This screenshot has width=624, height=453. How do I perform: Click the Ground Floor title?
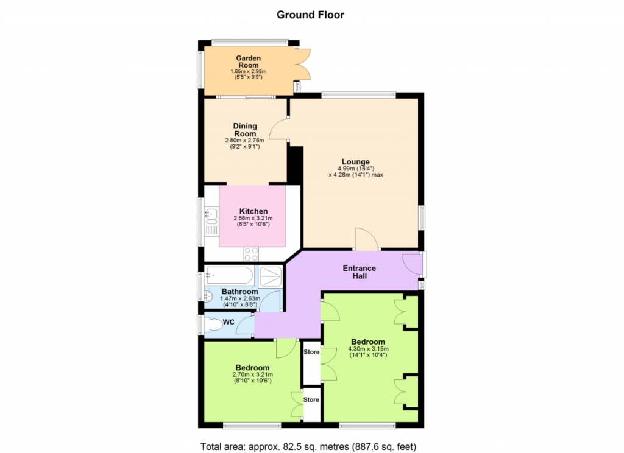(x=310, y=15)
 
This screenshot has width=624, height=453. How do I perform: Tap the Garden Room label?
(x=249, y=61)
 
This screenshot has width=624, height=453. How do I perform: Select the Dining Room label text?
(x=245, y=130)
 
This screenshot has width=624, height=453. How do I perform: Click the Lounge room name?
(x=356, y=162)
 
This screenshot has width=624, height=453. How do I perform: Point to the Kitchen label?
(x=253, y=211)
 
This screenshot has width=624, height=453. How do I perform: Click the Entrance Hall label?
(x=360, y=272)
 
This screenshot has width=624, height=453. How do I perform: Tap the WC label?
(x=229, y=322)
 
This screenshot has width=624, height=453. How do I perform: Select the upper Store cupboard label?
(x=311, y=352)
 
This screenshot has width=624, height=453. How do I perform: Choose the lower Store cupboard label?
(x=311, y=399)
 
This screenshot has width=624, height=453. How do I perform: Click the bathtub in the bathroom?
(x=230, y=276)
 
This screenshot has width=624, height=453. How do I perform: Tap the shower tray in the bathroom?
(x=271, y=276)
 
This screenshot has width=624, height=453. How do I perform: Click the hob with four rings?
(x=251, y=254)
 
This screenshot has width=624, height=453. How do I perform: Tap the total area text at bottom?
(x=308, y=447)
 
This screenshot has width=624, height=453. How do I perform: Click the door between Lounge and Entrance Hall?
(x=366, y=239)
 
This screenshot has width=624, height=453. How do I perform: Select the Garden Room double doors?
(x=303, y=64)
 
